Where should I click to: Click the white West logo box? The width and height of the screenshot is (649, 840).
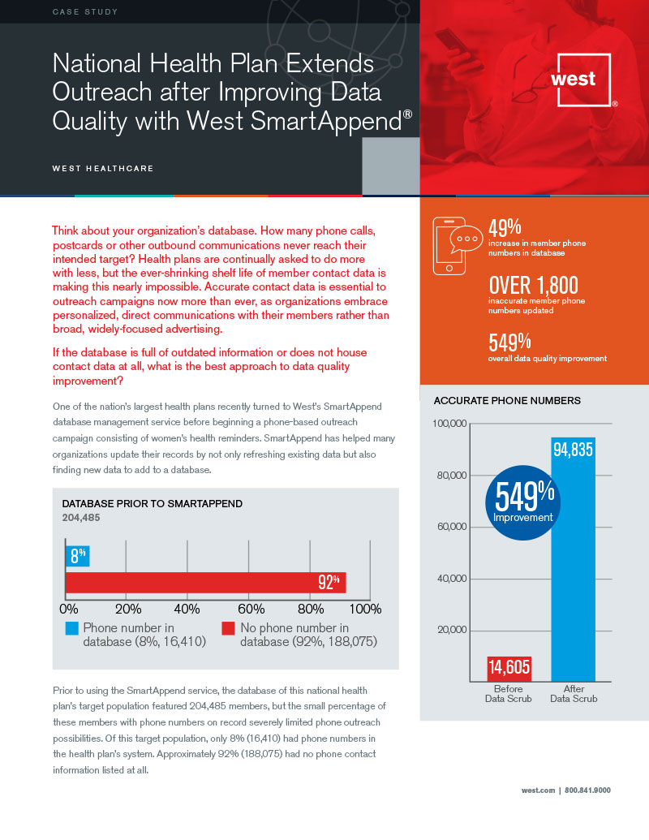[x=583, y=80]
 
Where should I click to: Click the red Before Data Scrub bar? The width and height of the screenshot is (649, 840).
[x=509, y=668]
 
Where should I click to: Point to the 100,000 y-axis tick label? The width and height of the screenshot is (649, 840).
[x=449, y=424]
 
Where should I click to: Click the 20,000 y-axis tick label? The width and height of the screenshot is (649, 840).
[x=453, y=630]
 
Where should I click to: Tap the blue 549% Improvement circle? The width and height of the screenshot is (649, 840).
[x=523, y=503]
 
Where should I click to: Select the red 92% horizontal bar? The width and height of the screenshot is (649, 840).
[x=205, y=582]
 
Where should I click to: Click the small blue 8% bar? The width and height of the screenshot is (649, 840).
[x=77, y=556]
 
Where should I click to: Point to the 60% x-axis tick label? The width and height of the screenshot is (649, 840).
[x=251, y=609]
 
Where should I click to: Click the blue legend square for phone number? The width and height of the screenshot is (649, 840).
[x=72, y=628]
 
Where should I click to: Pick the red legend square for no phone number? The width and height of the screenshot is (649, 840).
[x=228, y=628]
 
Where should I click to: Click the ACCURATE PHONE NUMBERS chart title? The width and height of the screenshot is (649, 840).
[x=507, y=401]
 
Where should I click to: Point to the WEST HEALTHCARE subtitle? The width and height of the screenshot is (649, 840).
[x=102, y=169]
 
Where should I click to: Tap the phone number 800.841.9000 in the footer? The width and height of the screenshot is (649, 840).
[x=587, y=790]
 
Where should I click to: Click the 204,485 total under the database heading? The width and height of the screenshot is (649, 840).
[x=81, y=517]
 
